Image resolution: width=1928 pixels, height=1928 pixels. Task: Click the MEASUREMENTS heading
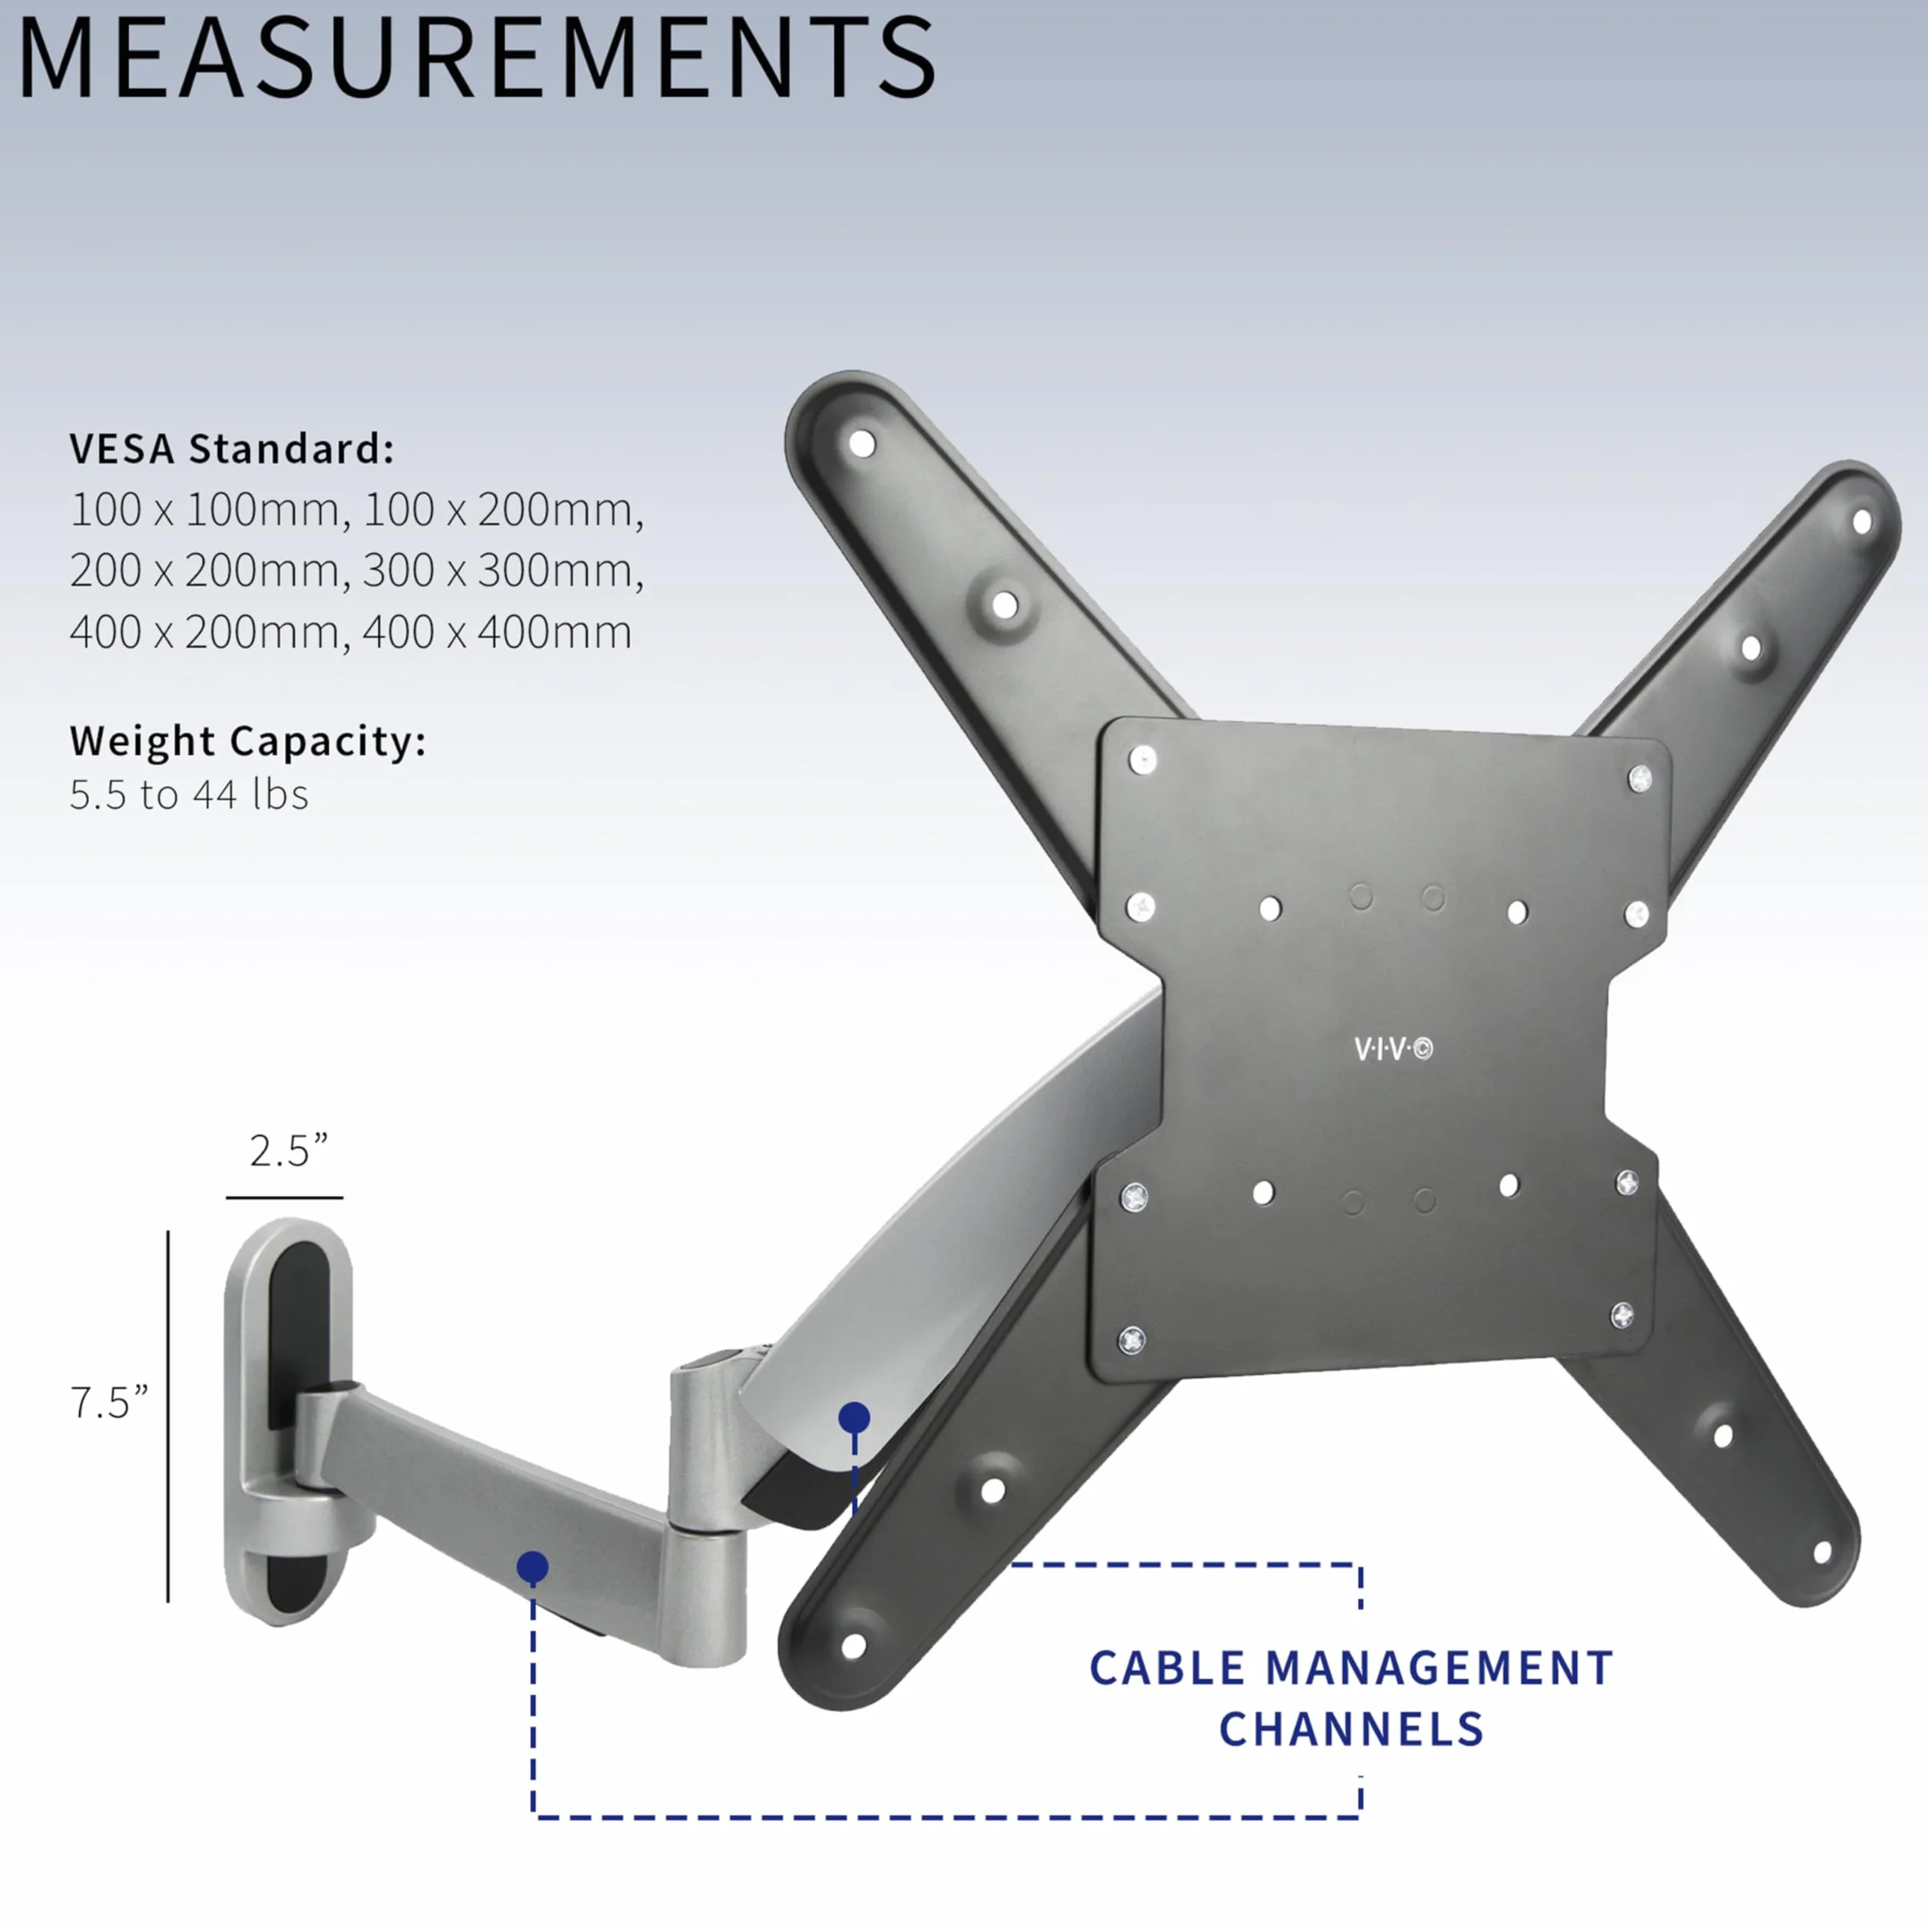click(x=477, y=57)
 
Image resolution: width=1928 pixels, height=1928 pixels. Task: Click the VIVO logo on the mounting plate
click(x=1393, y=1048)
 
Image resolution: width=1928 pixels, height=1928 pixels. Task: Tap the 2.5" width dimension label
click(x=287, y=1151)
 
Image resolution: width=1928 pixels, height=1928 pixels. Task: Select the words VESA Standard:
click(x=231, y=449)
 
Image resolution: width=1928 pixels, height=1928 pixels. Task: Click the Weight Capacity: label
click(x=247, y=740)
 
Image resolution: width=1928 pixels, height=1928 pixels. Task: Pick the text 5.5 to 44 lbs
click(x=189, y=794)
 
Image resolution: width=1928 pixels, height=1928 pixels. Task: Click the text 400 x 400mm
click(x=497, y=631)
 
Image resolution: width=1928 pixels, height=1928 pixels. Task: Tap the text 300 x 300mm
click(x=503, y=570)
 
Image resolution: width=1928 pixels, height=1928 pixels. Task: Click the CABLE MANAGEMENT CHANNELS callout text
click(x=1351, y=1698)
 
